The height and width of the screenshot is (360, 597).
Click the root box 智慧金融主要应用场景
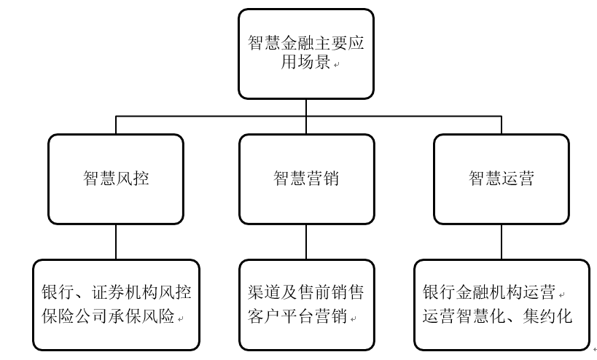[x=306, y=54]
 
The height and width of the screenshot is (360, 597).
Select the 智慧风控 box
[x=116, y=179]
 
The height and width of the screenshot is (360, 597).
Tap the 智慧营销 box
[x=306, y=179]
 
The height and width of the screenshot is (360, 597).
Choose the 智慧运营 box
[x=502, y=179]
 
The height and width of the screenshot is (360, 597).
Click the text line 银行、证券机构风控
[x=117, y=292]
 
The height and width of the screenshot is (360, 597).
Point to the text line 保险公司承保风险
[x=108, y=316]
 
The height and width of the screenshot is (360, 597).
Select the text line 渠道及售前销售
[x=305, y=292]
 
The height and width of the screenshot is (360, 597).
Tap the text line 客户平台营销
[x=297, y=316]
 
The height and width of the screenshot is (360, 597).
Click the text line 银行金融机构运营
[x=489, y=292]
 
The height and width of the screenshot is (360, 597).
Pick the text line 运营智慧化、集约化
[x=498, y=316]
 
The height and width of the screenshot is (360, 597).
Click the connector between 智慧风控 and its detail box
[x=116, y=242]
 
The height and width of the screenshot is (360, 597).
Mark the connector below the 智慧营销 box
[x=306, y=242]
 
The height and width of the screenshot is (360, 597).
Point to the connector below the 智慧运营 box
[x=502, y=242]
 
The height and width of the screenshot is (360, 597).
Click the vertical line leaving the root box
[x=306, y=108]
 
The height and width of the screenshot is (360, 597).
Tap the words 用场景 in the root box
[x=305, y=61]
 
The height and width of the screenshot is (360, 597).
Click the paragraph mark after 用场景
[x=336, y=65]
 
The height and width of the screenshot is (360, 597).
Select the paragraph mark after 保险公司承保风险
[x=181, y=319]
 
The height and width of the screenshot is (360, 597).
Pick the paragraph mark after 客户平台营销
[x=353, y=319]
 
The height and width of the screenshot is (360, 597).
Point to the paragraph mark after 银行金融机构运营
[x=561, y=295]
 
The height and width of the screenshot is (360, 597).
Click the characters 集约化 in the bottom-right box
[x=547, y=316]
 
